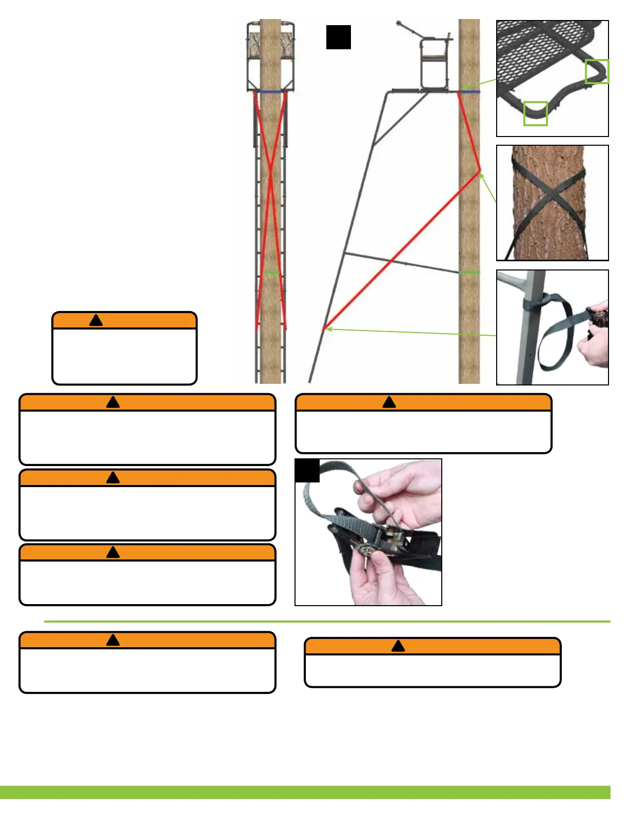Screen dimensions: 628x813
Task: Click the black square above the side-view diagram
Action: coord(339,37)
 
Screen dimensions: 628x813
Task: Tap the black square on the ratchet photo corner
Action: coord(307,471)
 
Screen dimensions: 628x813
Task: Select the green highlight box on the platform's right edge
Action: coord(597,71)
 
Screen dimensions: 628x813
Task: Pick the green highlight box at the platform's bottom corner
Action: coord(535,113)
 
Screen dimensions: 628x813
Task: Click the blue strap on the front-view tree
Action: coord(270,91)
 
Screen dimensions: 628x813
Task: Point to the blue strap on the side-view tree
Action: coord(470,92)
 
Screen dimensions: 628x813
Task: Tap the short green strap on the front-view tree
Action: coord(271,272)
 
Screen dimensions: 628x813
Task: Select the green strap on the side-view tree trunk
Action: coord(469,272)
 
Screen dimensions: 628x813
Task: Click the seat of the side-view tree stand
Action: coord(433,56)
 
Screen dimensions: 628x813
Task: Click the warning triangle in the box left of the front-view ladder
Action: coord(96,321)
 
